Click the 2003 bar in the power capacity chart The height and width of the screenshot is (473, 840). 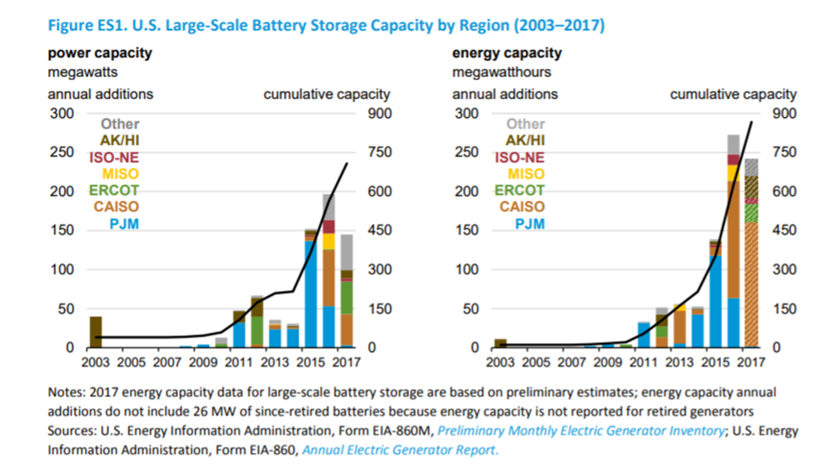click(x=96, y=332)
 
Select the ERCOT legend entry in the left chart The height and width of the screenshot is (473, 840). click(x=114, y=191)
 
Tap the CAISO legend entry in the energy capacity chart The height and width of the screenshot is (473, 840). click(x=522, y=208)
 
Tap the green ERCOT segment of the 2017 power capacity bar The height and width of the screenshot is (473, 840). click(x=346, y=298)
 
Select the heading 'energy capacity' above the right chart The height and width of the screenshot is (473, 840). click(x=507, y=53)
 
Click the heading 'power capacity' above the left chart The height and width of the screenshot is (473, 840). click(x=100, y=53)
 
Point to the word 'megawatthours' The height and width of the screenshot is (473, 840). click(x=501, y=72)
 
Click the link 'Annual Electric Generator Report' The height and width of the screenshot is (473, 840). click(x=400, y=451)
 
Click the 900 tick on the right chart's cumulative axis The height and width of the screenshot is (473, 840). click(x=784, y=114)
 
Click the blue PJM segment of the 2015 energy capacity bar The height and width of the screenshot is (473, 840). click(x=715, y=302)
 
